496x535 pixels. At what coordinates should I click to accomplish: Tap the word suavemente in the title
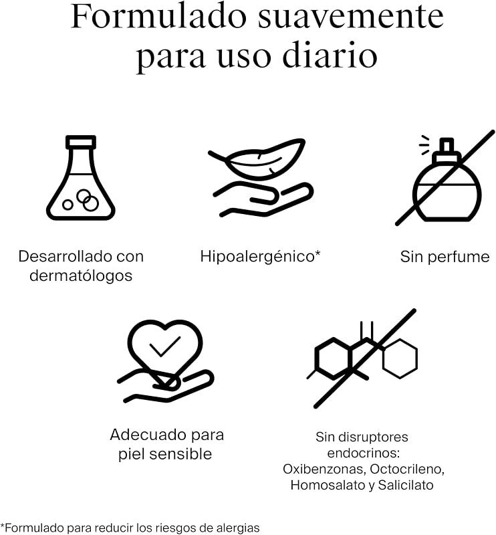coord(351,18)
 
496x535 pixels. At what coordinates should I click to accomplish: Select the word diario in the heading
coord(330,55)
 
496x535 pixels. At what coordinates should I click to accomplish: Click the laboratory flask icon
coord(81,178)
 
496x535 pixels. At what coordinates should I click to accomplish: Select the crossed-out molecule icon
coord(362,358)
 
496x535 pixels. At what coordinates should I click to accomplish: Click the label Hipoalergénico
coord(260,257)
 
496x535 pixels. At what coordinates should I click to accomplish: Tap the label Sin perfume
coord(445,257)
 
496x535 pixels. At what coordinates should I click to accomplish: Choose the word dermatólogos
coord(81,276)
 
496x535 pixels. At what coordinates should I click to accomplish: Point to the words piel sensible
coord(165,454)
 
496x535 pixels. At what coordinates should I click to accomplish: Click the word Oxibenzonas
coord(324,469)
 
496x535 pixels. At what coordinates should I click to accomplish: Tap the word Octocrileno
coord(407,469)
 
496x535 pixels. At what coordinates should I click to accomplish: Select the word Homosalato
coord(328,485)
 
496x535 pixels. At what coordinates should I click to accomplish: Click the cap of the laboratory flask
coord(81,142)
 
